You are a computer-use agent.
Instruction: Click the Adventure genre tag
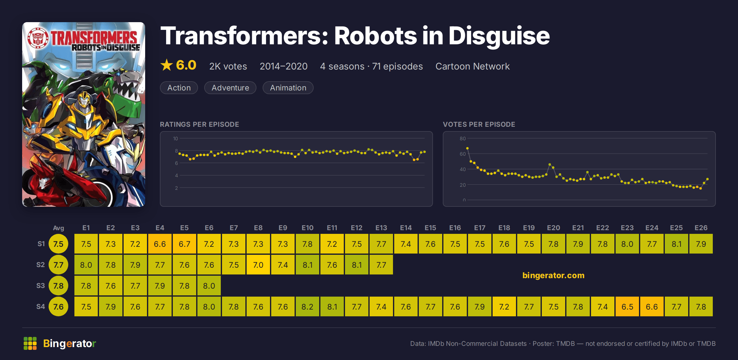coord(230,88)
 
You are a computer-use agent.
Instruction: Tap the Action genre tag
coord(179,88)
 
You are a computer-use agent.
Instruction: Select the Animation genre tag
coord(288,88)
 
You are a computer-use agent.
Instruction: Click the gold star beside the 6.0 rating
coord(167,65)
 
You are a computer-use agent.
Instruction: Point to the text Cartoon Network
coord(473,66)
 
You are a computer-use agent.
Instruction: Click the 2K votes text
coord(228,66)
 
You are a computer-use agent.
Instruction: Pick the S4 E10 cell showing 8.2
coord(307,306)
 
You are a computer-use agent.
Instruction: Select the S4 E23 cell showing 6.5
coord(627,306)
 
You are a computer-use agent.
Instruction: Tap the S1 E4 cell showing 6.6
coord(160,244)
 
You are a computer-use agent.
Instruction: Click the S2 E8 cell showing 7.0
coord(258,265)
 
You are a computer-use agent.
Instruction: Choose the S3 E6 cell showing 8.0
coord(209,286)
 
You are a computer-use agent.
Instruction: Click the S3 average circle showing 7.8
coord(58,286)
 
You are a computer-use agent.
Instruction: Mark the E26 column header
coord(701,228)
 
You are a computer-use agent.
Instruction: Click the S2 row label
coord(41,265)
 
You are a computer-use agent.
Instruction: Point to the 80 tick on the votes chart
coord(462,138)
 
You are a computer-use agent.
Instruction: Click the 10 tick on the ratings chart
coord(175,138)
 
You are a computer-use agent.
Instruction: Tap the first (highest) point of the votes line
coord(467,148)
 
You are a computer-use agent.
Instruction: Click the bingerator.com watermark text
coord(553,275)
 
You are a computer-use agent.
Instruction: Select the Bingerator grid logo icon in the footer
coord(30,343)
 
